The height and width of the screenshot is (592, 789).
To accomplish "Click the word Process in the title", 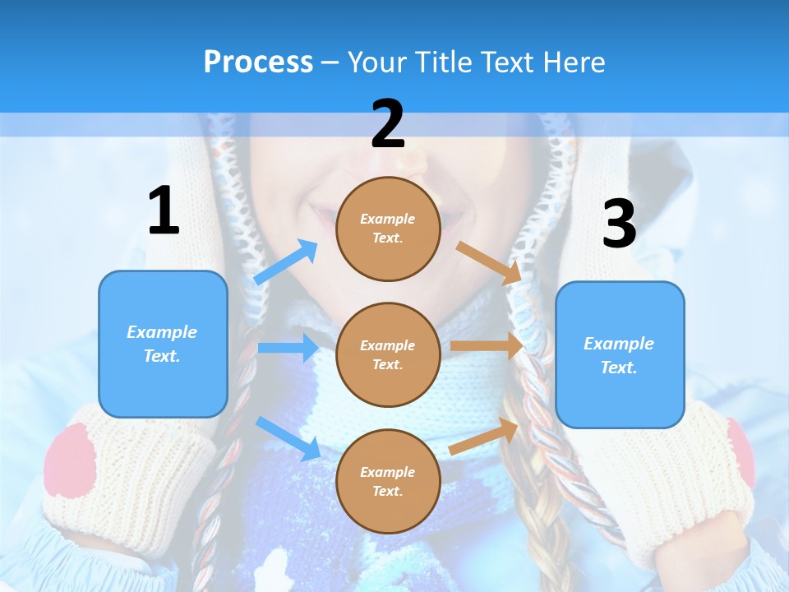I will tap(258, 62).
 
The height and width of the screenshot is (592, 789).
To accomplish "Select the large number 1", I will tap(164, 211).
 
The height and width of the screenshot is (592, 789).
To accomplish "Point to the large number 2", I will tap(388, 124).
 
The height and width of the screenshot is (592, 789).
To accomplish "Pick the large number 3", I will tap(619, 224).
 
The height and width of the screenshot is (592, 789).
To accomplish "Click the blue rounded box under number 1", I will tap(163, 344).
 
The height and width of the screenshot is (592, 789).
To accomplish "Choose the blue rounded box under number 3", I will tap(620, 354).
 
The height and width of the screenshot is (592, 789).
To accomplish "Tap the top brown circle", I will tap(388, 229).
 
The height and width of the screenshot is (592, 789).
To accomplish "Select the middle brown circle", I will tap(388, 354).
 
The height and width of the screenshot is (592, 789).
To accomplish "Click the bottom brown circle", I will tap(388, 481).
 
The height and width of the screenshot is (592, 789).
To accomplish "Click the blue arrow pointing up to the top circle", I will tap(286, 261).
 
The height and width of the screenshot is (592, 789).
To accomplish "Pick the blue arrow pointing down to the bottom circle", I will tap(288, 438).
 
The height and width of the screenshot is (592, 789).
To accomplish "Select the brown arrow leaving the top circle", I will tap(489, 262).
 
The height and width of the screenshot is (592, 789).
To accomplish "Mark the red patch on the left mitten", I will tap(71, 460).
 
